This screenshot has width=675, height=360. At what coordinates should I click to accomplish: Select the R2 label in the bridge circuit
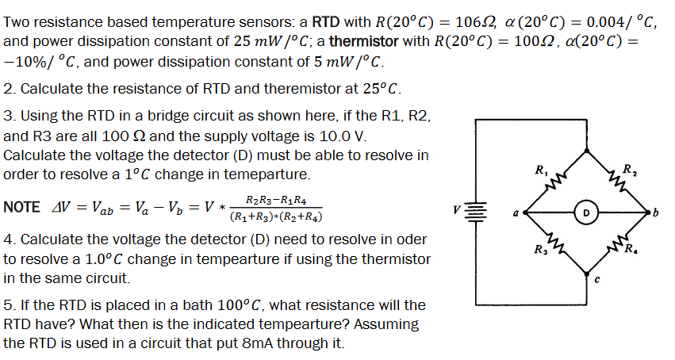click(628, 169)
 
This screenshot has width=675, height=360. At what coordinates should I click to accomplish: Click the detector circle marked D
click(585, 213)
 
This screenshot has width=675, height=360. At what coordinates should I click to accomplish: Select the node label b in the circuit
click(655, 213)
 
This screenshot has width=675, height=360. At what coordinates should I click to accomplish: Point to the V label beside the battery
click(458, 212)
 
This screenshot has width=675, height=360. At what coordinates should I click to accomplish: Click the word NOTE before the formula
click(21, 207)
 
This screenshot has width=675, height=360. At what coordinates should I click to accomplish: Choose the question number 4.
click(7, 239)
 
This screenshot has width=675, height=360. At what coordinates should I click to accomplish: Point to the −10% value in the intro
click(25, 61)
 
